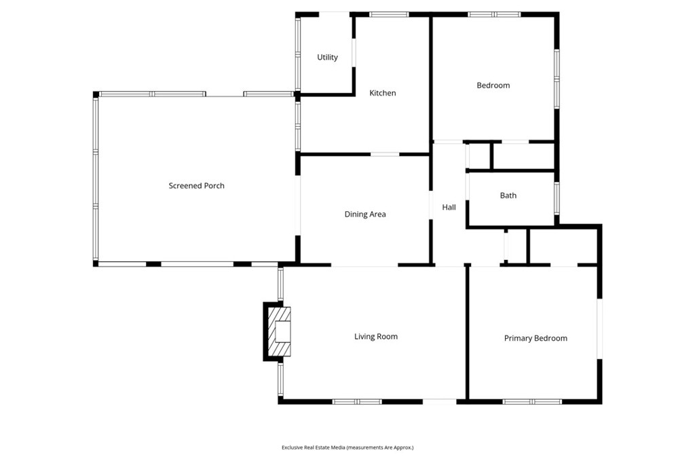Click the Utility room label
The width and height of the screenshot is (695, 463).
click(x=327, y=57)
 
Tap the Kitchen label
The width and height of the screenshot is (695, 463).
click(x=383, y=93)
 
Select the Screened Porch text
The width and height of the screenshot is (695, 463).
click(x=196, y=186)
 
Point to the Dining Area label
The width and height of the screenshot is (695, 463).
click(x=365, y=215)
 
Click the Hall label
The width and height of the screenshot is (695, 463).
click(x=449, y=207)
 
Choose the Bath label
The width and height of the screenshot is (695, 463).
click(x=508, y=195)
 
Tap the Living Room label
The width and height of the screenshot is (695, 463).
click(x=376, y=337)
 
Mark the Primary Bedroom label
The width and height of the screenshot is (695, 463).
click(x=536, y=338)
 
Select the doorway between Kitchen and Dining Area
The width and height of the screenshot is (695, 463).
click(x=385, y=154)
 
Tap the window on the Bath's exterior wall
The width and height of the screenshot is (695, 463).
click(x=557, y=199)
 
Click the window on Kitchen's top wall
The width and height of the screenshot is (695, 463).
click(x=389, y=14)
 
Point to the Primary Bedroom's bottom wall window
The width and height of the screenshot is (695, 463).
click(x=532, y=402)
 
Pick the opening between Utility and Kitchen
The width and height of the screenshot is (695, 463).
click(x=354, y=53)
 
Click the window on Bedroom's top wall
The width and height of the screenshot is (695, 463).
click(x=494, y=14)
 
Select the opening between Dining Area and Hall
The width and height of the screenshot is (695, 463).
click(x=430, y=205)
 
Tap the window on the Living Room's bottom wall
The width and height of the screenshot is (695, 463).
click(x=357, y=402)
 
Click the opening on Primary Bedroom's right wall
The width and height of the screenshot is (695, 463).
click(x=600, y=329)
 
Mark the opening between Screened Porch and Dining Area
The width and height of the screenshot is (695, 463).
click(x=298, y=205)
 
